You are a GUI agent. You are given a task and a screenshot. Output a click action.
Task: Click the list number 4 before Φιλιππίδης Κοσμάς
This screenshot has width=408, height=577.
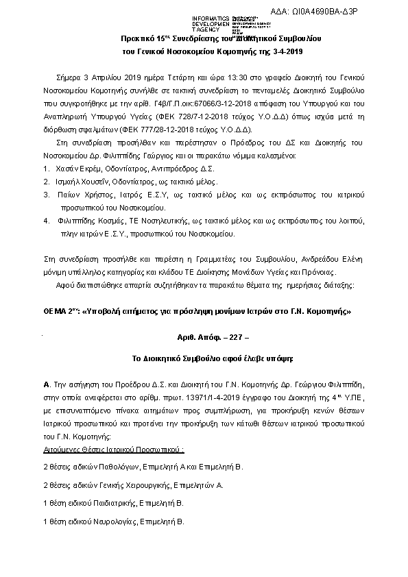[x=45, y=221]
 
